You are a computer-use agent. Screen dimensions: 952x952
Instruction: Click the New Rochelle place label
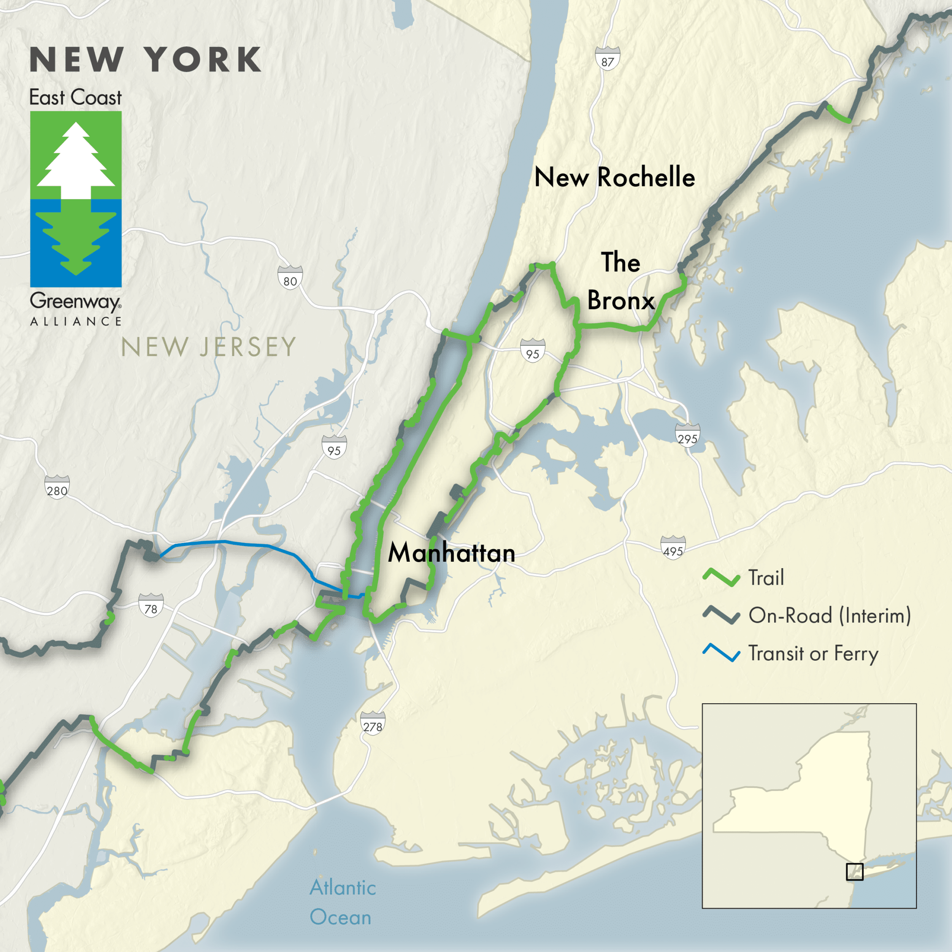coord(614,177)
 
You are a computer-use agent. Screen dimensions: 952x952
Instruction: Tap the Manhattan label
coord(451,553)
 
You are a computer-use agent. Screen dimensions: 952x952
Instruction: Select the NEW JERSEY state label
coord(208,347)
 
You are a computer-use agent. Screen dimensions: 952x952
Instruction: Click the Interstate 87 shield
coord(607,59)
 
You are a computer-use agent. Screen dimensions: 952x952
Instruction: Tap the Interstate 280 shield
coord(57,487)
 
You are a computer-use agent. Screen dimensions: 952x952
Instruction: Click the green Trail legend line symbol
coord(721,578)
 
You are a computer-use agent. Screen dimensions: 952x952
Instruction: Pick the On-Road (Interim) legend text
coord(829,615)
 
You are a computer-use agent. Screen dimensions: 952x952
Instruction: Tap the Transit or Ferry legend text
coord(813,653)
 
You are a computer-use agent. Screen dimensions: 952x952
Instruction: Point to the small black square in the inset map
coord(855,872)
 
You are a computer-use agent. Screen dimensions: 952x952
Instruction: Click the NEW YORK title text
coord(146,60)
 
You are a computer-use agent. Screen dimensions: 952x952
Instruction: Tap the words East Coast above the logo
coord(75,97)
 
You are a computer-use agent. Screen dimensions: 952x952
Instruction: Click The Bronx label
coord(621,281)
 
